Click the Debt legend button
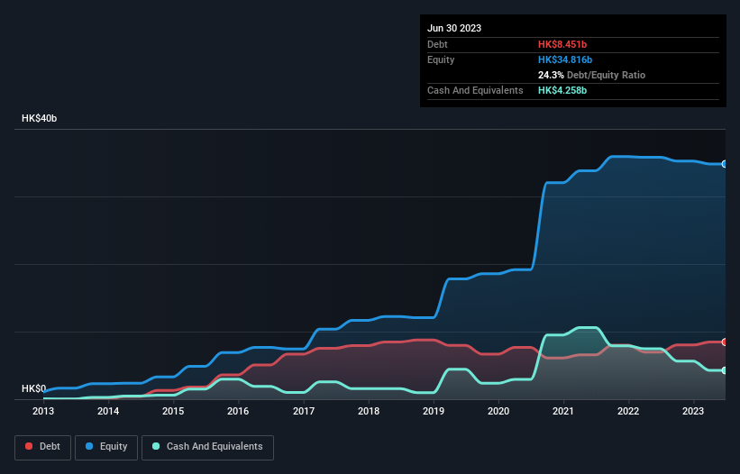click(41, 447)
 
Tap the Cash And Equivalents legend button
click(207, 447)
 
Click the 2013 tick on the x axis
click(43, 412)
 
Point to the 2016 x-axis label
click(238, 412)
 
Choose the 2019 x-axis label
click(434, 412)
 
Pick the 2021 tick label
click(563, 412)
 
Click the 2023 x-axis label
click(693, 412)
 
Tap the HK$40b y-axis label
click(40, 119)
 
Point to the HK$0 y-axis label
click(33, 389)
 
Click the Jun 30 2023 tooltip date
click(454, 28)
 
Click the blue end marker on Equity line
click(724, 164)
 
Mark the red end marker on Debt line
click(724, 342)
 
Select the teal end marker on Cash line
click(724, 370)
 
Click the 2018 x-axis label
click(369, 412)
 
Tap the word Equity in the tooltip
click(442, 59)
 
